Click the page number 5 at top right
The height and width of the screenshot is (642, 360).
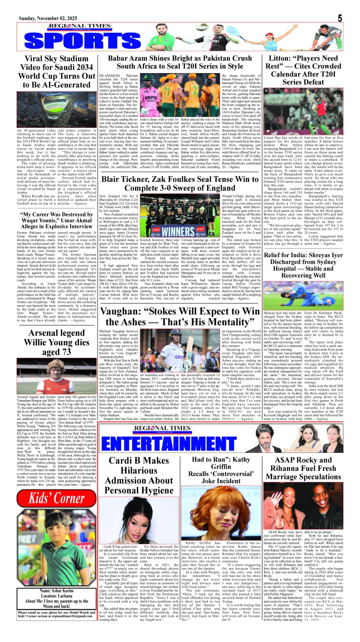click(x=340, y=18)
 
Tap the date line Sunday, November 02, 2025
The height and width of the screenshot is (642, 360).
click(x=48, y=18)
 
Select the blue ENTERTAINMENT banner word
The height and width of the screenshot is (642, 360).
click(x=169, y=444)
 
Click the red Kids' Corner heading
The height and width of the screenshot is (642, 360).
click(x=57, y=498)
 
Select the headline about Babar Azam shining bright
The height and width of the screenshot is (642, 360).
click(x=180, y=62)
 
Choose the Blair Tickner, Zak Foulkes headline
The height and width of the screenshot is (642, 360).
click(x=180, y=183)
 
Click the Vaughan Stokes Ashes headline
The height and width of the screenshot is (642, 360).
click(x=180, y=317)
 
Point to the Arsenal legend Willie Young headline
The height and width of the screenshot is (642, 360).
click(x=56, y=342)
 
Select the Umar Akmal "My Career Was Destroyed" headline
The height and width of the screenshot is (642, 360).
click(x=56, y=220)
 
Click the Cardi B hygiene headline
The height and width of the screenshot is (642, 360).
click(x=139, y=475)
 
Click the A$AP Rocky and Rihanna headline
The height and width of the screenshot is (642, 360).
click(x=303, y=468)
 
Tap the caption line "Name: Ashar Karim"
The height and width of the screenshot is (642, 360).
click(x=56, y=590)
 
